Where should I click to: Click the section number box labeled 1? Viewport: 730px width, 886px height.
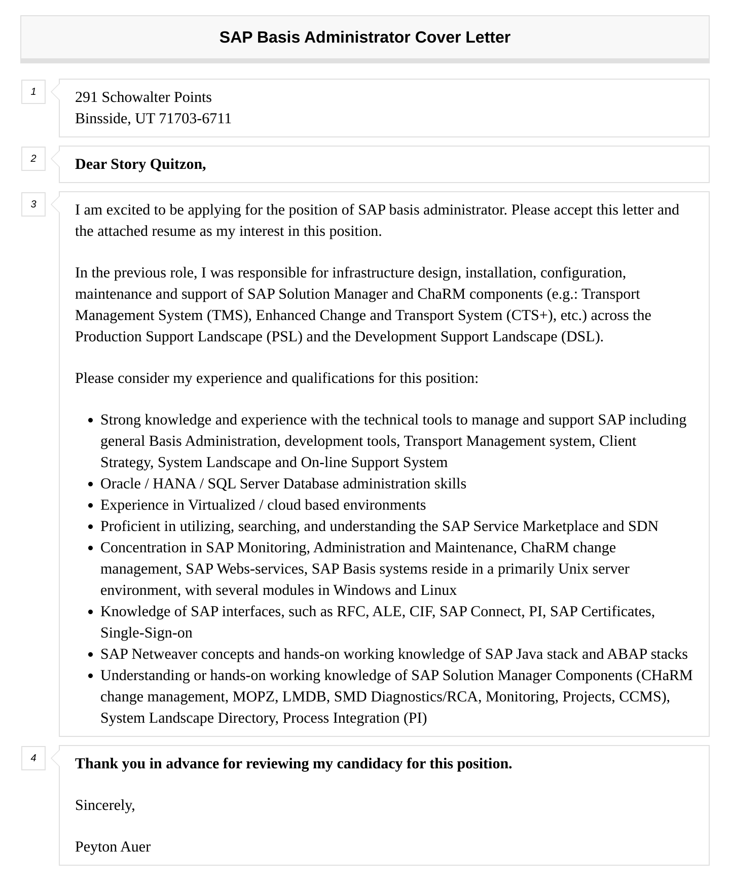pos(33,92)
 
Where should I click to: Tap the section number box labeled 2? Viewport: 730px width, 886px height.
pos(33,159)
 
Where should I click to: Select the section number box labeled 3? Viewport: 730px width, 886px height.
pos(33,204)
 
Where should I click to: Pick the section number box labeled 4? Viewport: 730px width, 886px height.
pos(33,758)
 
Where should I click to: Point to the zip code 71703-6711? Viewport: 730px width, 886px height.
pos(195,119)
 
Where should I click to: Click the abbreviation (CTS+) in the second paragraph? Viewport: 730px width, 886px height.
pos(529,315)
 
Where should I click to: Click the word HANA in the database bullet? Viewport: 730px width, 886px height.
pos(174,484)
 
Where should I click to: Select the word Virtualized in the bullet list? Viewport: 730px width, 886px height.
pos(222,505)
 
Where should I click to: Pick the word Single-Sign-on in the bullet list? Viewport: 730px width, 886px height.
pos(147,633)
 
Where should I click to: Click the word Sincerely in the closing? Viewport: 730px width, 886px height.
pos(104,805)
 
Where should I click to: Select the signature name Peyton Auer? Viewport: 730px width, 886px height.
pos(113,847)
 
